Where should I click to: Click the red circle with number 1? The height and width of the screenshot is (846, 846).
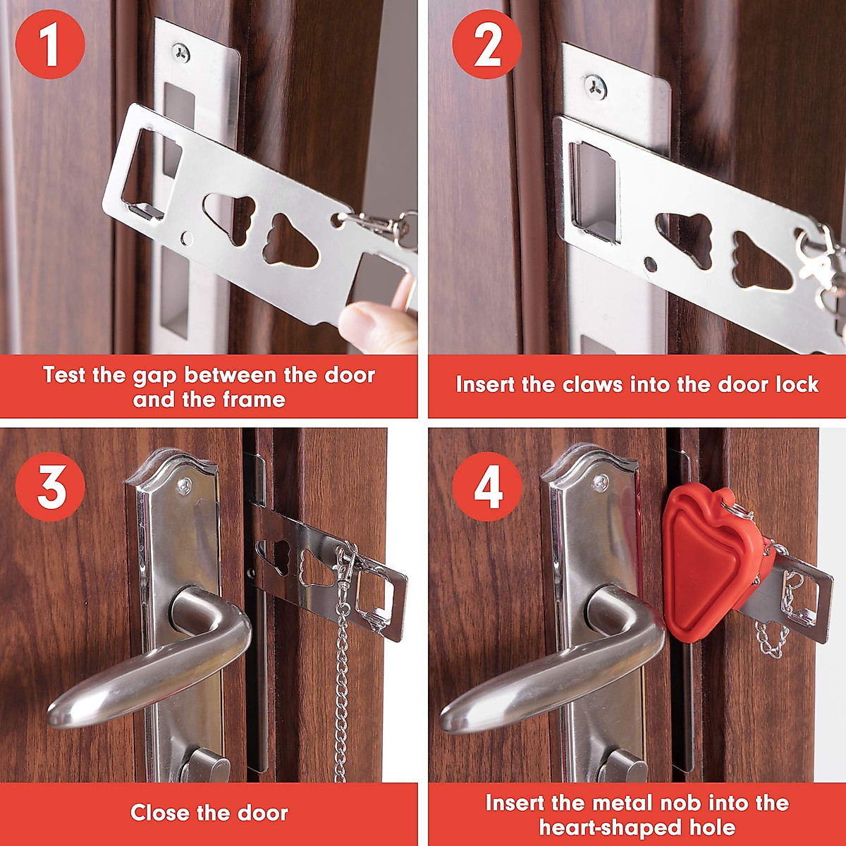tap(50, 44)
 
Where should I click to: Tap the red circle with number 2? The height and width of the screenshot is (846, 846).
tap(487, 44)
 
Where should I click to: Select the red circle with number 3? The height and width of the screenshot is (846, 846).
tap(50, 486)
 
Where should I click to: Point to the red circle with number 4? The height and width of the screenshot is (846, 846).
tap(487, 486)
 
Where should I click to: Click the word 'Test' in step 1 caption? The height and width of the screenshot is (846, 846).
tap(63, 374)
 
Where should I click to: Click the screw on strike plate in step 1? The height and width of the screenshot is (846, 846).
tap(182, 51)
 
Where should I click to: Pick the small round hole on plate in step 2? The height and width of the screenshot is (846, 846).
tap(650, 264)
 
